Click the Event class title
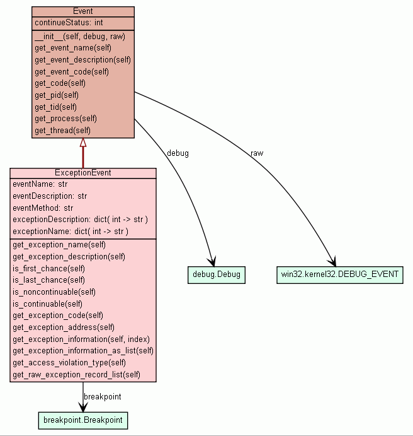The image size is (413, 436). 82,11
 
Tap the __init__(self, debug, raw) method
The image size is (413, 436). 80,37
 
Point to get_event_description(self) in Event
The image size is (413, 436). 82,60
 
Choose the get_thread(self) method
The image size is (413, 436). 62,131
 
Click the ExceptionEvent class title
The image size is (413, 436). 83,173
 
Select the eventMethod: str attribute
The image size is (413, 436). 43,208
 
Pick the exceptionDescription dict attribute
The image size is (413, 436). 80,220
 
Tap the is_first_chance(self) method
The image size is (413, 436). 48,268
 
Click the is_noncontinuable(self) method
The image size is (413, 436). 54,292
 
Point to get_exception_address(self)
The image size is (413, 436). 64,327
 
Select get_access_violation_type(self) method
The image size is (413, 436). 69,363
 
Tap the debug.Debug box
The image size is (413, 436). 216,275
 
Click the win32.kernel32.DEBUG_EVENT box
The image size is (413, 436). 339,275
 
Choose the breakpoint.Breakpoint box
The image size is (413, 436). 83,420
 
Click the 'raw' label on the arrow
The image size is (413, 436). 257,153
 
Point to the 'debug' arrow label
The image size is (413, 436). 178,153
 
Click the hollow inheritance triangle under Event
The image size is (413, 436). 83,143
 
